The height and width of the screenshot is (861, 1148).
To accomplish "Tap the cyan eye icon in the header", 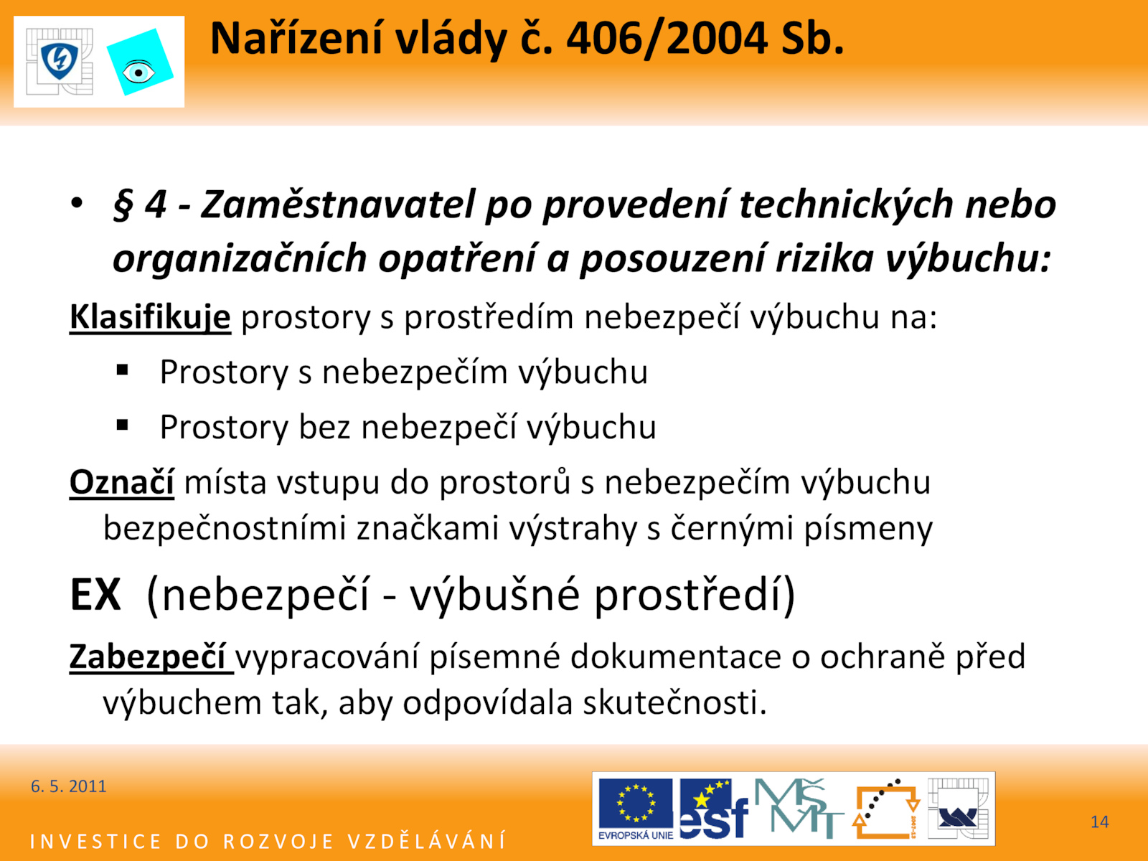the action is pyautogui.click(x=140, y=62).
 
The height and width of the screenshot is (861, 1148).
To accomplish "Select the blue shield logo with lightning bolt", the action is pyautogui.click(x=60, y=61).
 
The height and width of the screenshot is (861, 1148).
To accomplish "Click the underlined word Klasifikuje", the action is pyautogui.click(x=150, y=317).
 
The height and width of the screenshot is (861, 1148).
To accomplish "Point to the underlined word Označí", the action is pyautogui.click(x=122, y=482).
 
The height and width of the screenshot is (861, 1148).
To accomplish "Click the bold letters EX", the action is pyautogui.click(x=95, y=594).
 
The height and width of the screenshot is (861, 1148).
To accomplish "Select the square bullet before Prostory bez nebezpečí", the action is pyautogui.click(x=123, y=425).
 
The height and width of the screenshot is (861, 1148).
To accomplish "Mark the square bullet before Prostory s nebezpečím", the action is pyautogui.click(x=123, y=370).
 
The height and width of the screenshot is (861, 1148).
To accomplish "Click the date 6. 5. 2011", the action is pyautogui.click(x=68, y=786).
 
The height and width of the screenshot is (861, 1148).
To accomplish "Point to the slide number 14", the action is pyautogui.click(x=1100, y=822).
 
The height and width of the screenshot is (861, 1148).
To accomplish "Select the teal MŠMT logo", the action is pyautogui.click(x=798, y=808).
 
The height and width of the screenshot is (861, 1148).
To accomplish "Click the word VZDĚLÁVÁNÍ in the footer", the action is pyautogui.click(x=428, y=840).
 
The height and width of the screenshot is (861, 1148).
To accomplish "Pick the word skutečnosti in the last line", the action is pyautogui.click(x=675, y=702).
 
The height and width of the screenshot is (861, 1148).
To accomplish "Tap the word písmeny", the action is pyautogui.click(x=868, y=529).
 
